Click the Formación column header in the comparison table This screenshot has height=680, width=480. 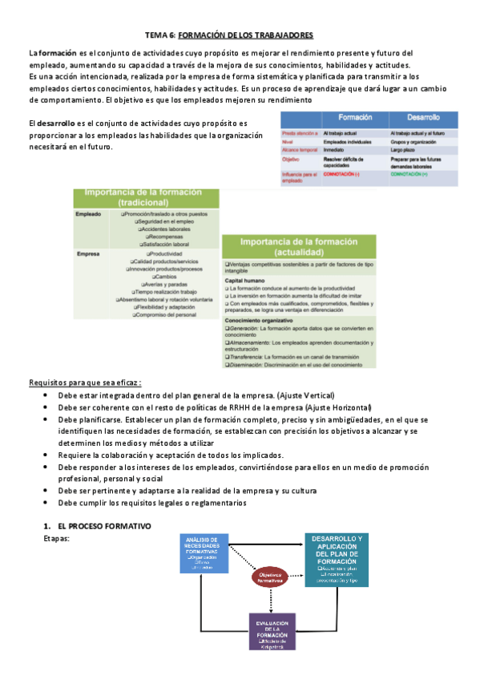click(x=354, y=118)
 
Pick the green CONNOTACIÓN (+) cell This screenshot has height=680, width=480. click(x=413, y=174)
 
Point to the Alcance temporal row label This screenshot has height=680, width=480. click(x=301, y=149)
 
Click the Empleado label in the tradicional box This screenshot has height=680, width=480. click(x=89, y=215)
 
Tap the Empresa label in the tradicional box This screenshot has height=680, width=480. click(x=88, y=254)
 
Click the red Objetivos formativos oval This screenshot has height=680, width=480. click(x=274, y=577)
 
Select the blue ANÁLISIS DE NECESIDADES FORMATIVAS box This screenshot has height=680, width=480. click(x=201, y=554)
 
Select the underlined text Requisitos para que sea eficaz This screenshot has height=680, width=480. click(x=80, y=382)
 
